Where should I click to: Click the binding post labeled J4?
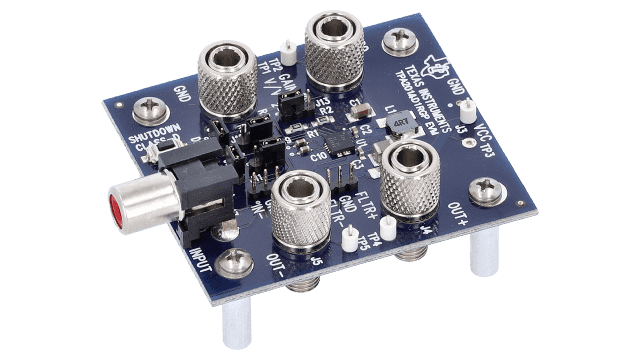tap(411, 179)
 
